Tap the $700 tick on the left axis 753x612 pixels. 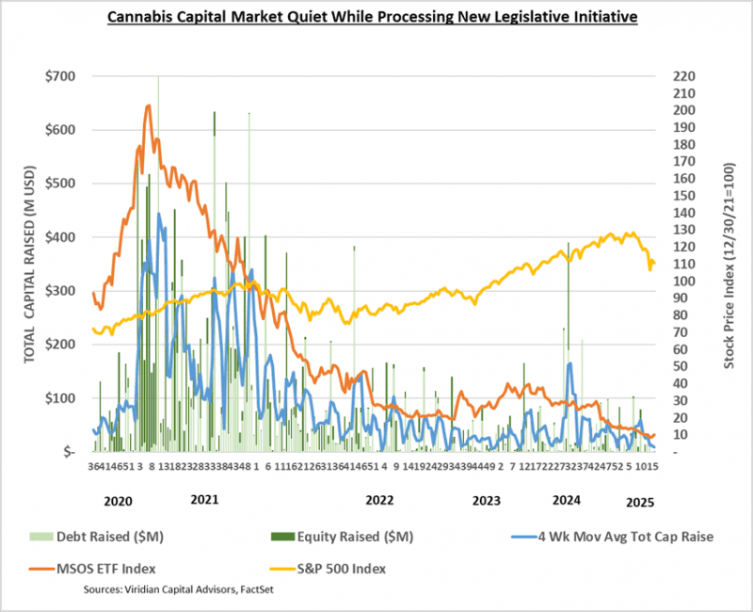[63, 76]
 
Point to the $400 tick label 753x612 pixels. [63, 237]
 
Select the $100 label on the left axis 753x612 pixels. [63, 398]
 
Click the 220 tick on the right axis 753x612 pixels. [683, 76]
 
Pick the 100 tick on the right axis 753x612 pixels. [683, 282]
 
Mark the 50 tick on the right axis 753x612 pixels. [681, 366]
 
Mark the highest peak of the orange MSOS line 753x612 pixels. [148, 105]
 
